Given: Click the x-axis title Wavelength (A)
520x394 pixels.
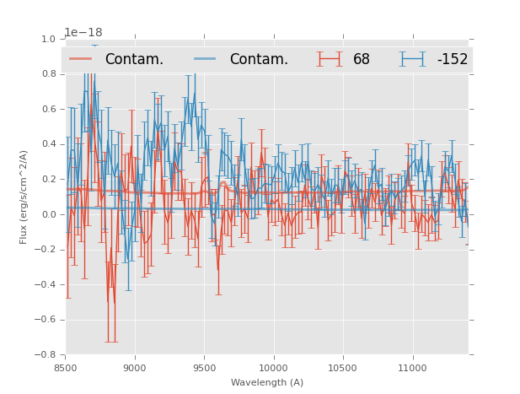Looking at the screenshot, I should point(267,382).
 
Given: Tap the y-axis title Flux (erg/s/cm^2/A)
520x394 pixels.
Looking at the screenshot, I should point(24,197).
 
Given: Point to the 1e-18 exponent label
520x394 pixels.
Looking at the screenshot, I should point(83,33).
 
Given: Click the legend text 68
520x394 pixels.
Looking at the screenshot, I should point(362,59).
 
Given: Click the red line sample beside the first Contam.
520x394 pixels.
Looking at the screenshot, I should point(81,59).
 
